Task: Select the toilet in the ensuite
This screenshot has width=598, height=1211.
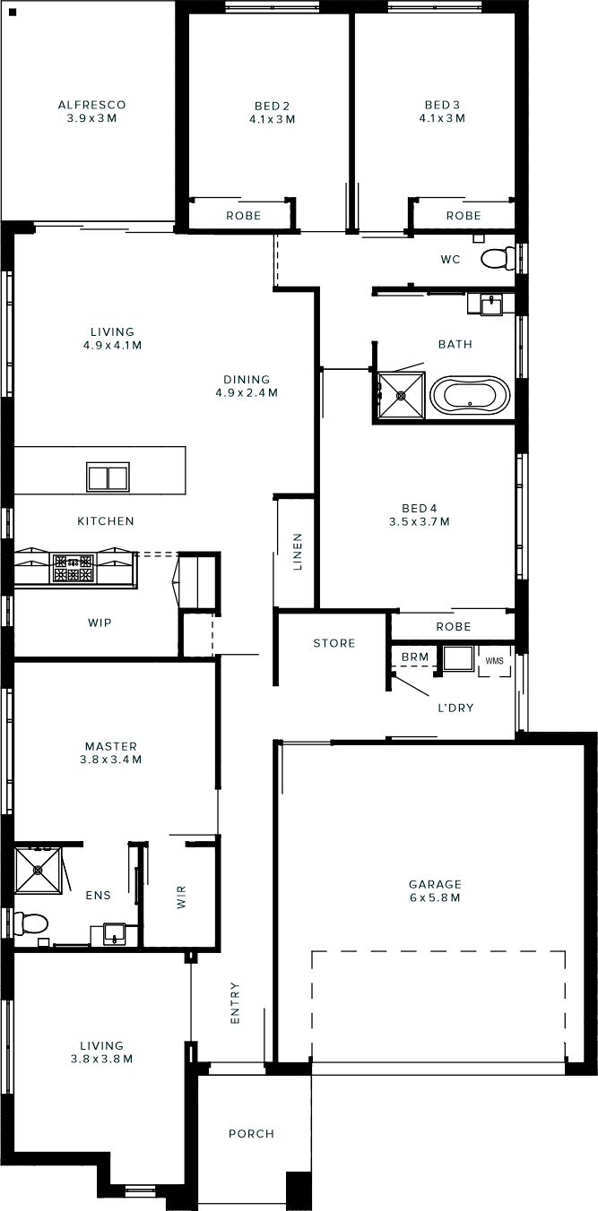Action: (x=30, y=924)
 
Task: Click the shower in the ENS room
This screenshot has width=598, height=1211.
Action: (x=38, y=871)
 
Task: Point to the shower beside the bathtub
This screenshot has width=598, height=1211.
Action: (x=401, y=395)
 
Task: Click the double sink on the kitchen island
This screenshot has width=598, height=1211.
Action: (x=108, y=477)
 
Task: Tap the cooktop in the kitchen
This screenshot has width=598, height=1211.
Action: (x=73, y=568)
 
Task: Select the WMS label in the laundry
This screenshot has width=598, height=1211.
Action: (x=494, y=661)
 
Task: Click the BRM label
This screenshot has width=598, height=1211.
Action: (x=415, y=657)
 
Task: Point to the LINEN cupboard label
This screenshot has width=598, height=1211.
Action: (x=298, y=552)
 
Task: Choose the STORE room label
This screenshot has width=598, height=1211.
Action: (x=334, y=643)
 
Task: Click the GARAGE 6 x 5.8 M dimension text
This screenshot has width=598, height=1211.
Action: (x=435, y=898)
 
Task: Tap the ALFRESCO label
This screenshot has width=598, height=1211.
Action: (x=92, y=104)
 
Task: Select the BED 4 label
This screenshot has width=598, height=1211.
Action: (x=420, y=508)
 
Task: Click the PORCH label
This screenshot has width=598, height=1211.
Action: (x=251, y=1134)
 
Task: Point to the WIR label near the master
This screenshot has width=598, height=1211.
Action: (x=181, y=897)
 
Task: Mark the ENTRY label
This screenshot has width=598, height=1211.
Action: (x=235, y=1003)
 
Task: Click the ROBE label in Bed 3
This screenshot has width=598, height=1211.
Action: (x=464, y=216)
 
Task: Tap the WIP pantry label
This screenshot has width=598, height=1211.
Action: (x=100, y=623)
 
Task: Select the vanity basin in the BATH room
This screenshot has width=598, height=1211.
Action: (x=491, y=305)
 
